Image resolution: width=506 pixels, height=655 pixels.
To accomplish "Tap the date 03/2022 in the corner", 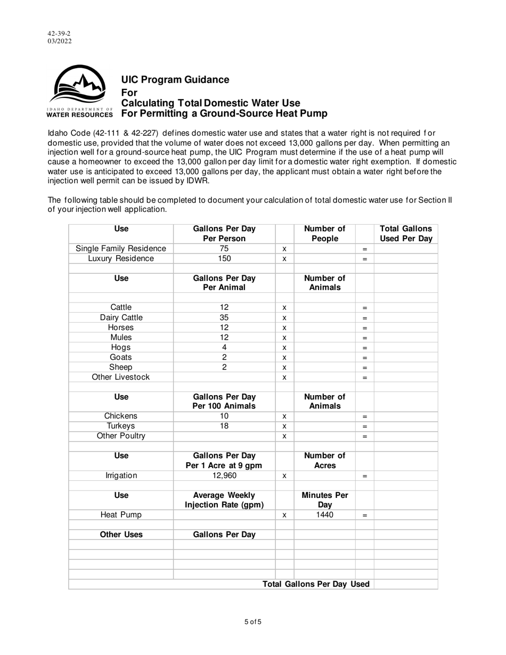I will coord(59,41).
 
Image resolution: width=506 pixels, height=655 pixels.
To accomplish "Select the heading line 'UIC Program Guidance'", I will coord(175,80).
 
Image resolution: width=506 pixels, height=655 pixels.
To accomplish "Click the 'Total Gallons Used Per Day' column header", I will coord(405,234).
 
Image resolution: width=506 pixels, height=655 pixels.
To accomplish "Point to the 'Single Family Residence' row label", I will coord(121,249).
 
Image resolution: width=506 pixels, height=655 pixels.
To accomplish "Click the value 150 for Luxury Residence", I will coord(224,259).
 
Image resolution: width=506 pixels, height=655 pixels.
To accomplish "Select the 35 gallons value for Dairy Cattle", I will coord(224,318).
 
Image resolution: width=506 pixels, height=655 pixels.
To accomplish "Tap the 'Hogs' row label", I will coord(121,348).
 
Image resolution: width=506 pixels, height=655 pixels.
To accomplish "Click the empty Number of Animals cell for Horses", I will coord(324,328).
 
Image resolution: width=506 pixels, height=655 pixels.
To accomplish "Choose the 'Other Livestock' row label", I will coord(121,377).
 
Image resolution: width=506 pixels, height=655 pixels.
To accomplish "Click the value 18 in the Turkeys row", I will coord(224,426).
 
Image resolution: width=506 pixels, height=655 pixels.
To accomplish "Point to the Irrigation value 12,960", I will coord(224,476).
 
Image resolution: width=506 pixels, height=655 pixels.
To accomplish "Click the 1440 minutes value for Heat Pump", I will coord(324,515).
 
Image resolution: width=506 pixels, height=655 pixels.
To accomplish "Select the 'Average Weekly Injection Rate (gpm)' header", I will coord(224,500).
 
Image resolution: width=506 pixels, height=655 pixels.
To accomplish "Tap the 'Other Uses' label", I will coord(121,535).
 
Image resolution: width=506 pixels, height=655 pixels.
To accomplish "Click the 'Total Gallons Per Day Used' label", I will coord(316,584).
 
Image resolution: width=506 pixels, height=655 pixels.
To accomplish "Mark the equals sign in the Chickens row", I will coord(365,416).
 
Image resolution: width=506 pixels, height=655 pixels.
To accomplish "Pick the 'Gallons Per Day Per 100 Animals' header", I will coord(224,402).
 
